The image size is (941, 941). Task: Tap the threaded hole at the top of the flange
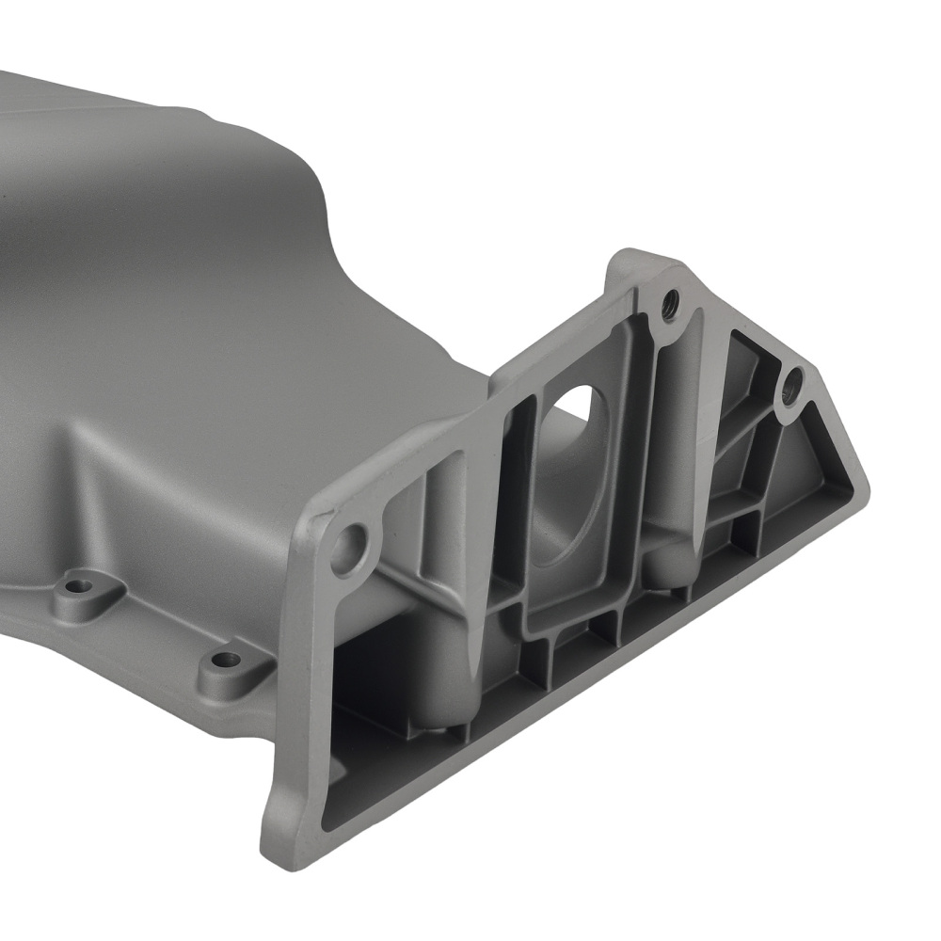670,303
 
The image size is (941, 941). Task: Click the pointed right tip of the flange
864,489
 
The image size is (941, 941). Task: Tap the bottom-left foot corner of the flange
273,837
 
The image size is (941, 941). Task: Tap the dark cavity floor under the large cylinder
376,715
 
